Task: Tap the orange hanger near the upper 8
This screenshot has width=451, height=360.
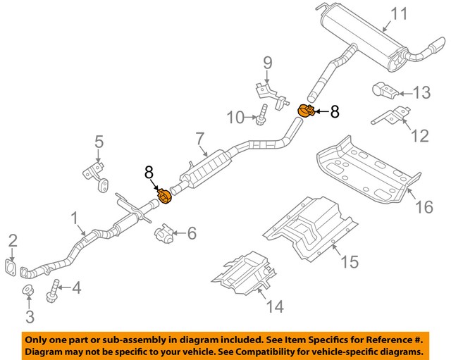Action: click(307, 111)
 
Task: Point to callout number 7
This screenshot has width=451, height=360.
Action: click(199, 139)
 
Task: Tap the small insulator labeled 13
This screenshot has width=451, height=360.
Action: click(383, 90)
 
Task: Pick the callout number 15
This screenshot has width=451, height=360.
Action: click(350, 262)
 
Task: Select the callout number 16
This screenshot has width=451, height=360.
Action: click(423, 207)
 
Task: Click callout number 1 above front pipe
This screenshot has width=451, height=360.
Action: click(75, 221)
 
